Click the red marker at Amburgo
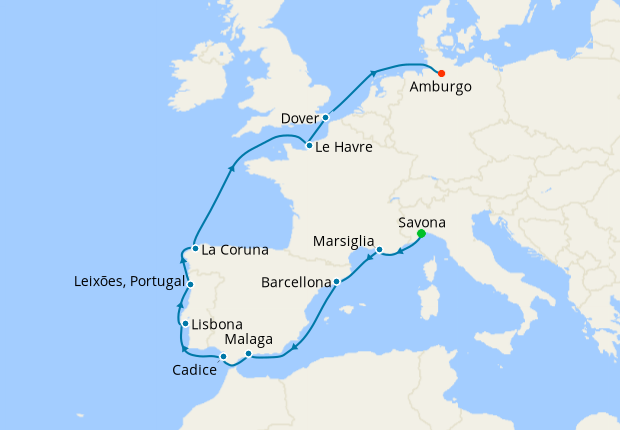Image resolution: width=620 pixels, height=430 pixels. pyautogui.click(x=441, y=72)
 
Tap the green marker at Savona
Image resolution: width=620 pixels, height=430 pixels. pyautogui.click(x=421, y=234)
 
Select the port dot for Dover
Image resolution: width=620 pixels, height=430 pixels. pyautogui.click(x=326, y=118)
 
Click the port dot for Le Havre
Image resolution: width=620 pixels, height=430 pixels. pyautogui.click(x=310, y=146)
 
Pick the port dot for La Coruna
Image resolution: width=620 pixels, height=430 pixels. pyautogui.click(x=195, y=249)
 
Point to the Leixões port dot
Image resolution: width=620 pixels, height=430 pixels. pyautogui.click(x=192, y=286)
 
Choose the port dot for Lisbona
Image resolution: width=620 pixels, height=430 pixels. pyautogui.click(x=185, y=324)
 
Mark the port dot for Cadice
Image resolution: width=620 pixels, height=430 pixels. pyautogui.click(x=224, y=357)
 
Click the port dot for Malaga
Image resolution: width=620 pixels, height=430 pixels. pyautogui.click(x=248, y=354)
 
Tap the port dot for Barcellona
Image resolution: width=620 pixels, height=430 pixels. pyautogui.click(x=337, y=282)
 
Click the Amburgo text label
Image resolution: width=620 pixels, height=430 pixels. pyautogui.click(x=440, y=87)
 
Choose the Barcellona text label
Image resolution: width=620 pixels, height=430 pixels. pyautogui.click(x=295, y=283)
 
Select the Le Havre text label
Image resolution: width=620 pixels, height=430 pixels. pyautogui.click(x=344, y=147)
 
